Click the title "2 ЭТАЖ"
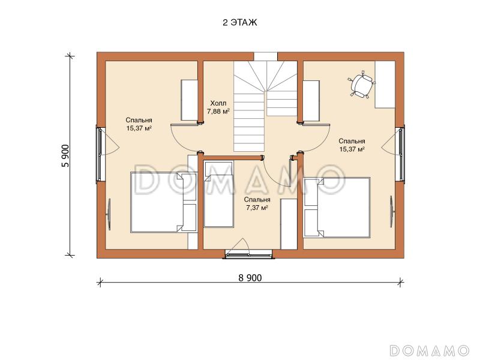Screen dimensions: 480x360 coord(239,23)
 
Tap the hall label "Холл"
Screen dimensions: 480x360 coord(218,103)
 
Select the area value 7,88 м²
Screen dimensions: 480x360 coord(218,112)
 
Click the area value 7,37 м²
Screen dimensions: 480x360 coord(257,208)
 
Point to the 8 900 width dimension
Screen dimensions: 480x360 coord(250,278)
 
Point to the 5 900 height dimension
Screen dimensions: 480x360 coord(66,155)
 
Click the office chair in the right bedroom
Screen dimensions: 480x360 coord(362,84)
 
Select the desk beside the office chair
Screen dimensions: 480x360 coord(385,85)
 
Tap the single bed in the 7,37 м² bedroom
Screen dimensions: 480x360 coord(218,194)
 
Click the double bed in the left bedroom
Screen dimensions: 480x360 coord(163,202)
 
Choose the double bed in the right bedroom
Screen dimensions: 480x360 coord(337,208)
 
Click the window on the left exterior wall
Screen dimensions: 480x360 coord(100,154)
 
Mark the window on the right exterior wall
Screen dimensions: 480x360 coord(401,155)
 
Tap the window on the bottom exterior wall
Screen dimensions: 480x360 coord(248,254)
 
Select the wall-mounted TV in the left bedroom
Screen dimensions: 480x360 coord(109,214)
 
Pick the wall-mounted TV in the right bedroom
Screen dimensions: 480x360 coord(392,211)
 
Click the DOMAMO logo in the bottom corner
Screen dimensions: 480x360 coord(430,350)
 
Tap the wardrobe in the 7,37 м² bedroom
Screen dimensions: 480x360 coord(289,224)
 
